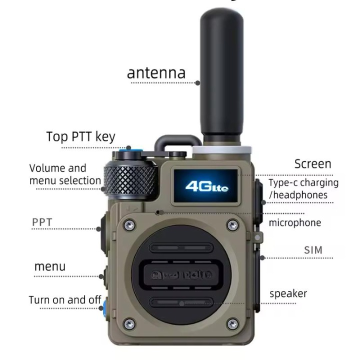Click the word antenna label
pyautogui.click(x=156, y=72)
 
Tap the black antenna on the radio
pyautogui.click(x=221, y=75)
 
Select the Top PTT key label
pyautogui.click(x=80, y=136)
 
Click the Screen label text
pyautogui.click(x=312, y=164)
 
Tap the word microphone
pyautogui.click(x=295, y=222)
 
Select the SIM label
pyautogui.click(x=313, y=250)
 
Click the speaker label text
pyautogui.click(x=288, y=293)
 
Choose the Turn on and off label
pyautogui.click(x=65, y=300)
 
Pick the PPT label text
pyautogui.click(x=42, y=222)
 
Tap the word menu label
pyautogui.click(x=49, y=266)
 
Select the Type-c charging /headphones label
pyautogui.click(x=303, y=189)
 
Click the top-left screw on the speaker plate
pyautogui.click(x=129, y=225)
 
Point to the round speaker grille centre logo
pyautogui.click(x=180, y=274)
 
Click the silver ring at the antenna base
pyautogui.click(x=220, y=148)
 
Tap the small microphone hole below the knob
pyautogui.click(x=157, y=212)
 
